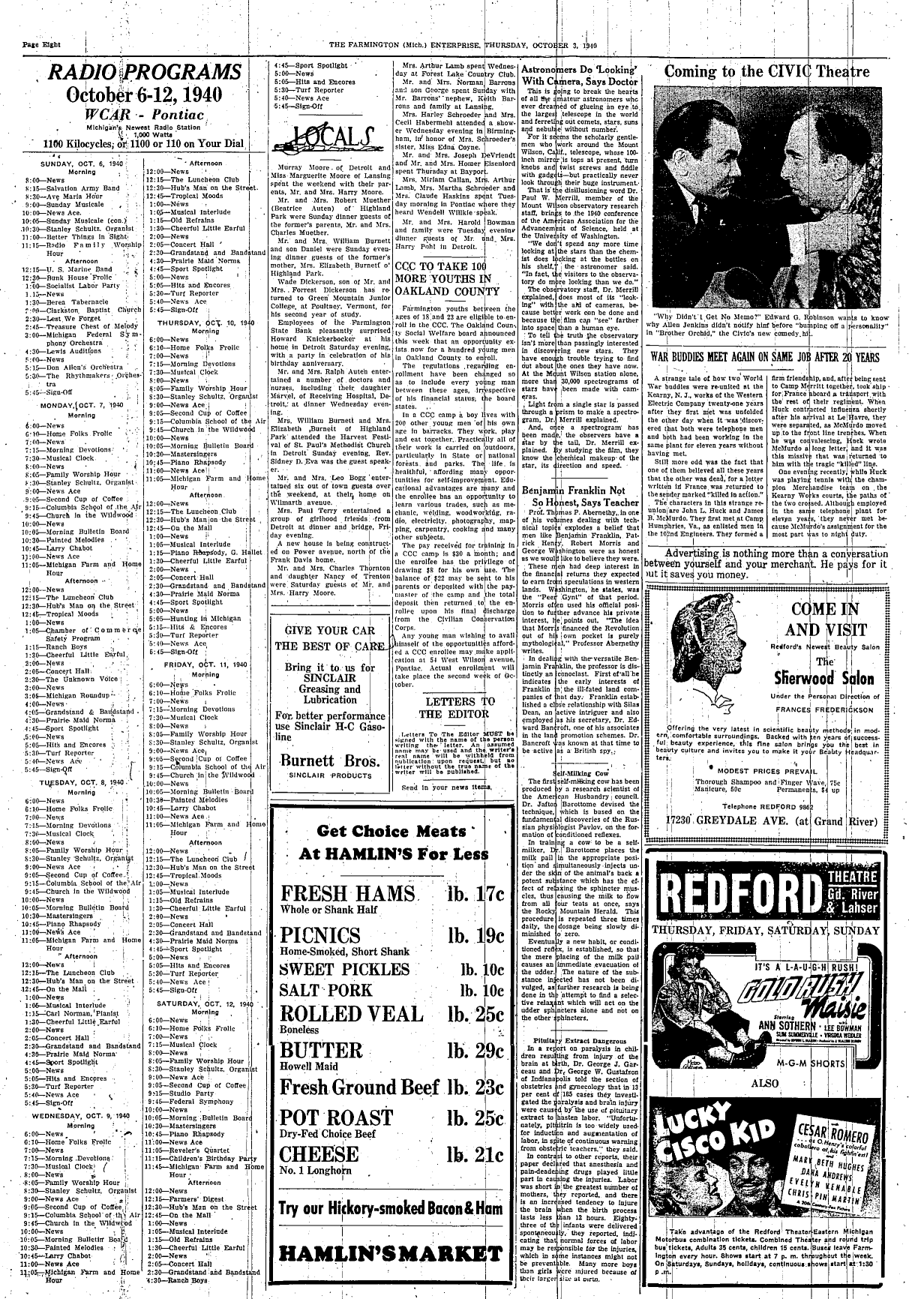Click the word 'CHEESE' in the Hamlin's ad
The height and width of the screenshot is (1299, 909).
(x=319, y=1153)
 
